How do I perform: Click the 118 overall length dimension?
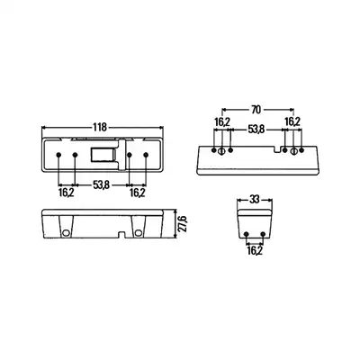(100, 127)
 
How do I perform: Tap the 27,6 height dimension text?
(183, 223)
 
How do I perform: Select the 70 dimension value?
(256, 110)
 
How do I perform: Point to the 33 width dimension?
(255, 199)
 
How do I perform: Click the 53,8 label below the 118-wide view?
(101, 185)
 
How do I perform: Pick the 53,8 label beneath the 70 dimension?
(256, 130)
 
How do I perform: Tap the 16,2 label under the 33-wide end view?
(255, 250)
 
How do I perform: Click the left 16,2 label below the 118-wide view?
(67, 193)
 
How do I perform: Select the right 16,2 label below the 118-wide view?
(138, 193)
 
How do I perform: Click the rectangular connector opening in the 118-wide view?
(103, 156)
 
